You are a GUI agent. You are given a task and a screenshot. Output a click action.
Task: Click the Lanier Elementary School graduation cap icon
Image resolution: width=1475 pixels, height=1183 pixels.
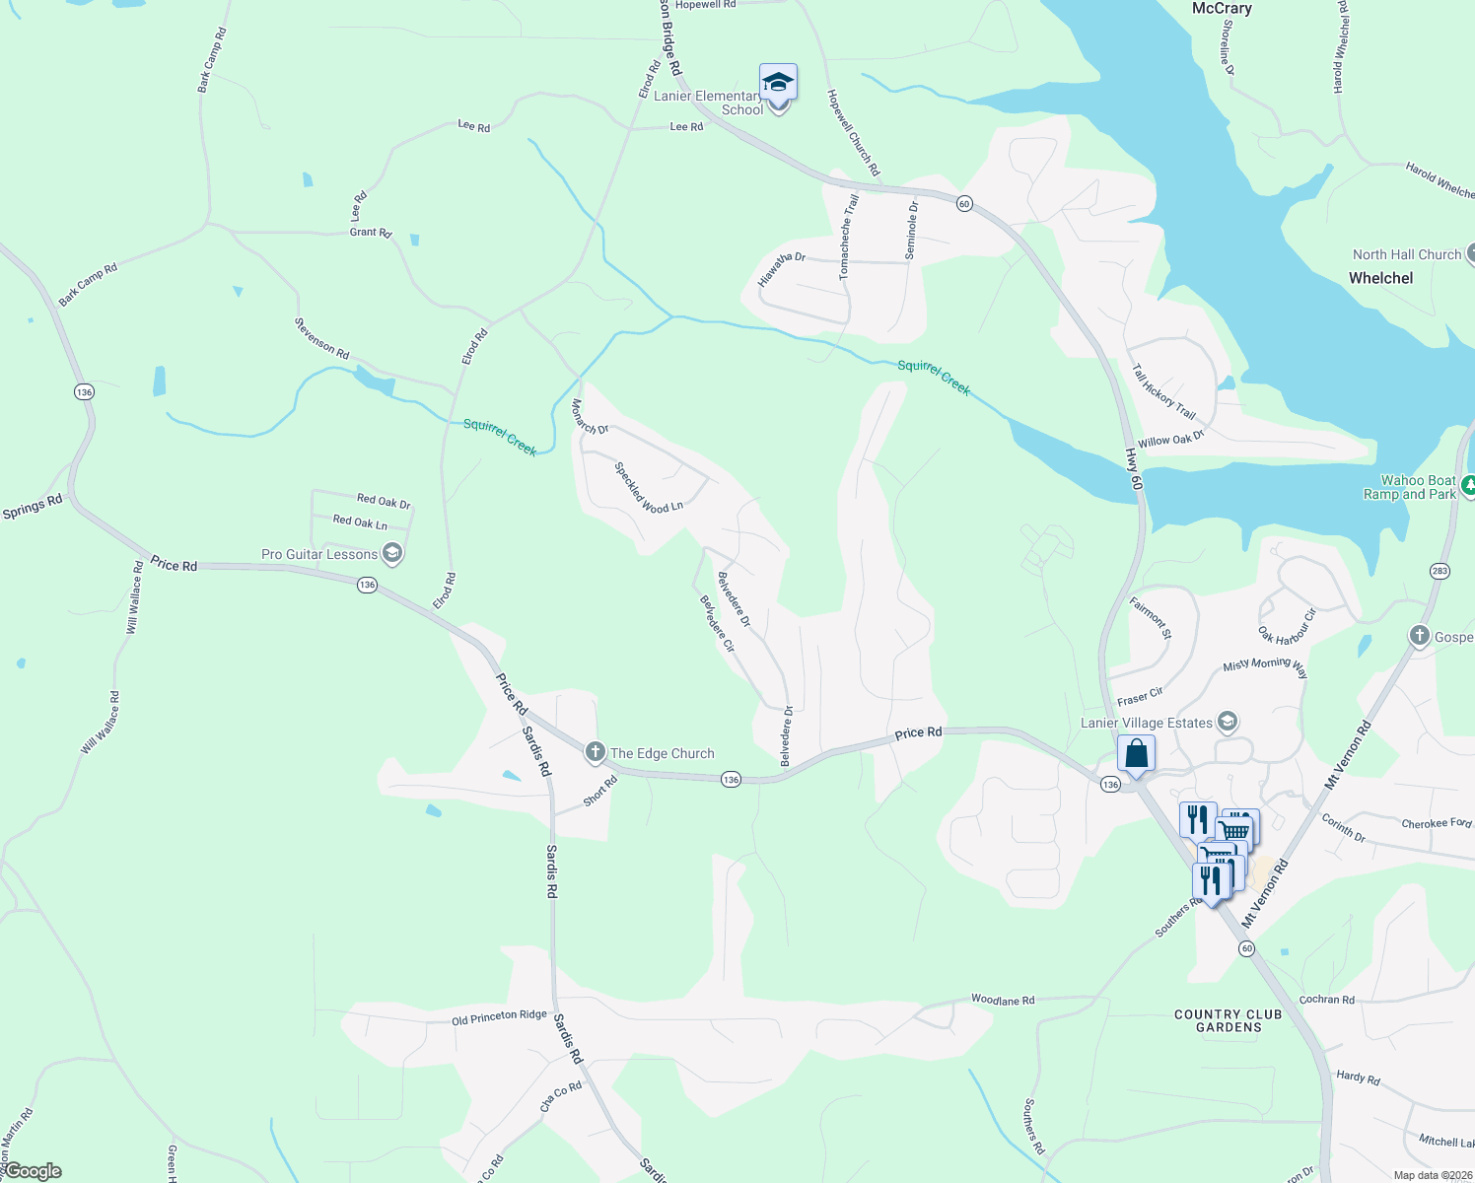tap(778, 82)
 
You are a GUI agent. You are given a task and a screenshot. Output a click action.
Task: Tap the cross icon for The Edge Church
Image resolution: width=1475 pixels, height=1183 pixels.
tap(595, 752)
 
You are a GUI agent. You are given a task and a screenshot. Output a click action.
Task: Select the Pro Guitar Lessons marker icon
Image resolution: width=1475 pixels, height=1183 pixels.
tap(392, 553)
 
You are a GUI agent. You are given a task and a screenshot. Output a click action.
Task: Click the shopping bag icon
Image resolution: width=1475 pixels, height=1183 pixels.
tap(1136, 754)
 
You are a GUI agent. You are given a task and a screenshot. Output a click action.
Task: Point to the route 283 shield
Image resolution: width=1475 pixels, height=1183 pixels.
tap(1440, 571)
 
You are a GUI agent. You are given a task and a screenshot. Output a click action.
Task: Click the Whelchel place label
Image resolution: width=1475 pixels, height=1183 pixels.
tap(1380, 278)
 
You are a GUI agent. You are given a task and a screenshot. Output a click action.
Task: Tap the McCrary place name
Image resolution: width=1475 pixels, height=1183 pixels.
tap(1222, 9)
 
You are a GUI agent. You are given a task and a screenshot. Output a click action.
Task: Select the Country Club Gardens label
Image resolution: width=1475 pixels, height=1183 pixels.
tap(1229, 1020)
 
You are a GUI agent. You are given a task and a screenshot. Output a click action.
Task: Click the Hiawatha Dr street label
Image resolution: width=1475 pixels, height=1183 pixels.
tap(782, 269)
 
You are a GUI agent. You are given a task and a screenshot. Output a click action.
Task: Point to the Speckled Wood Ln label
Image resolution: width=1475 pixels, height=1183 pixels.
tap(648, 487)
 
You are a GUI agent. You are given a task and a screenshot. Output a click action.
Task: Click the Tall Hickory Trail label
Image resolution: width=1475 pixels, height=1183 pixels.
tap(1163, 391)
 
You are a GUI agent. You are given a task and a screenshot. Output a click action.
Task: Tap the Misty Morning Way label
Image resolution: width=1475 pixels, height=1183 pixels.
tap(1265, 667)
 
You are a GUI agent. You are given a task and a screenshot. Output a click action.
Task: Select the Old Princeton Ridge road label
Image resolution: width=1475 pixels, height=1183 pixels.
tap(499, 1017)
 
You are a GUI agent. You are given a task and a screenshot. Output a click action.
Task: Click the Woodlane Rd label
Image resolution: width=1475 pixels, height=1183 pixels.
tap(1003, 1000)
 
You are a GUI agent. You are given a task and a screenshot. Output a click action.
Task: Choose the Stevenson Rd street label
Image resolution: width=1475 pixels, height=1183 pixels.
tap(321, 338)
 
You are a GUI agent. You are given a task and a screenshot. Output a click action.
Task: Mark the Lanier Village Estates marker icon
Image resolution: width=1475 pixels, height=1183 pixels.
tap(1228, 723)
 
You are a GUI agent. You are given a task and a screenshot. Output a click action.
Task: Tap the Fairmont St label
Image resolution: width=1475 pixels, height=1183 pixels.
tap(1151, 618)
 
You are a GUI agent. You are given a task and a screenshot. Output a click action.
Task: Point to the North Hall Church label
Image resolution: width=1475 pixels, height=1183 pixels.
tap(1407, 254)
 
